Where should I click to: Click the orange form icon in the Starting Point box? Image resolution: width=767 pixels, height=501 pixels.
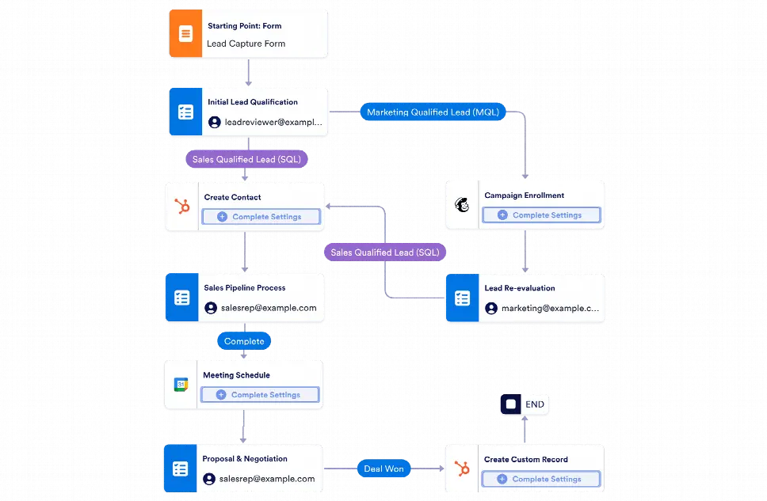185,34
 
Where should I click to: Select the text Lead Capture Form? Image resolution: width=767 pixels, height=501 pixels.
246,44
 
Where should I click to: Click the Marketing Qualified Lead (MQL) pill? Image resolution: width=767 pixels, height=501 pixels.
433,112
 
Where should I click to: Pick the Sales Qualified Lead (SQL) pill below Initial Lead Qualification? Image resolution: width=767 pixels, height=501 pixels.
246,159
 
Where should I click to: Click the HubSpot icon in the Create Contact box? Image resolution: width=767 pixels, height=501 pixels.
182,207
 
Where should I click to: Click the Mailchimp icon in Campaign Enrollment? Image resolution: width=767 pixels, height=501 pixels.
462,205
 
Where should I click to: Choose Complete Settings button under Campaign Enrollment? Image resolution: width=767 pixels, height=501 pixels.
541,215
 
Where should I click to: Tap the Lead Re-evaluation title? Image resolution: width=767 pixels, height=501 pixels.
520,288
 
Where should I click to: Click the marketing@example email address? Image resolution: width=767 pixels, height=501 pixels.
543,308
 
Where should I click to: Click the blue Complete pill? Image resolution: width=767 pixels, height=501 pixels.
244,341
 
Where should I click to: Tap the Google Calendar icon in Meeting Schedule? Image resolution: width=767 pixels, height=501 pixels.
181,385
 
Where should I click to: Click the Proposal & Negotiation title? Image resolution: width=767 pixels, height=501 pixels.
245,458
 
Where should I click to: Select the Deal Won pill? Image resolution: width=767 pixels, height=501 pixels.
383,469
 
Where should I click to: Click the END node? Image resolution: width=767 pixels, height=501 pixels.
525,404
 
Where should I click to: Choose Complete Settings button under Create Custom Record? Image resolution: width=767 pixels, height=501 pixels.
540,479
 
